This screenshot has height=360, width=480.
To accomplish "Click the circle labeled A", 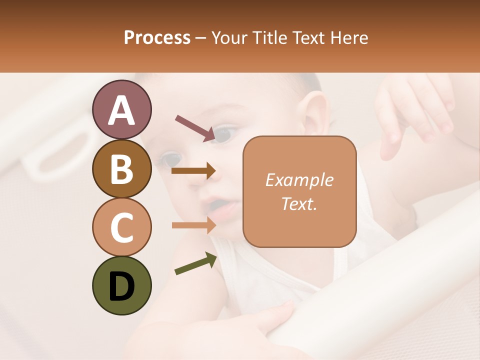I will tap(121, 110).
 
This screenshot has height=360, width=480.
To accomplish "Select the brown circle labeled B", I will tap(121, 168).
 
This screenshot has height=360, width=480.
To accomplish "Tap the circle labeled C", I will tap(121, 227).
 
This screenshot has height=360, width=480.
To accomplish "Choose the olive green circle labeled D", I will tap(121, 285).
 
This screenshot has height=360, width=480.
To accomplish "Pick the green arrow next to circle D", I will tap(195, 263).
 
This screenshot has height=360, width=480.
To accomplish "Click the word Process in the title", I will tap(157, 38).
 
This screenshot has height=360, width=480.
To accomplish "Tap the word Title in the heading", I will tap(269, 38).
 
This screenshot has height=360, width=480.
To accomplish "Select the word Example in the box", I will tap(299, 180).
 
